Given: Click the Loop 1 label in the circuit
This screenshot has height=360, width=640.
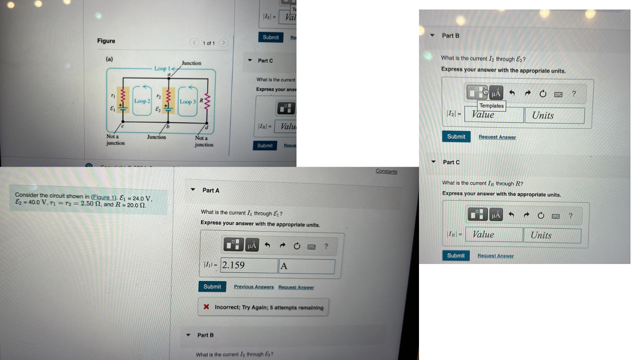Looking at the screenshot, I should (x=162, y=68).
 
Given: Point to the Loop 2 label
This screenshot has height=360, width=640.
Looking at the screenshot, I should (x=141, y=101).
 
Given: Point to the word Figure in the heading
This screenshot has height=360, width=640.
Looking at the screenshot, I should (x=106, y=41).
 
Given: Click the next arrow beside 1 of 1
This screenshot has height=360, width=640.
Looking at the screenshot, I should (x=224, y=43).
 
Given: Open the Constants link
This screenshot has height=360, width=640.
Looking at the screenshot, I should (x=386, y=171).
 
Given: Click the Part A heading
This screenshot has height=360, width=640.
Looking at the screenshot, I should (x=210, y=190).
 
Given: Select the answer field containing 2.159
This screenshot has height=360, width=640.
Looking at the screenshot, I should (x=249, y=265).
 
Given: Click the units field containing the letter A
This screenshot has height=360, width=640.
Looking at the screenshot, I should (x=306, y=266).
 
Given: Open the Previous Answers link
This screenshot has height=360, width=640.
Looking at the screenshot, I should (x=253, y=287).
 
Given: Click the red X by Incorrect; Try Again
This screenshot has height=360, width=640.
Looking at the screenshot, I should (x=206, y=307).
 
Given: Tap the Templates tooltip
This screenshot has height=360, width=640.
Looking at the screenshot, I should (x=491, y=105).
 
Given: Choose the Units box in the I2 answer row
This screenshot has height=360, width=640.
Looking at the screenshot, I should (x=554, y=115).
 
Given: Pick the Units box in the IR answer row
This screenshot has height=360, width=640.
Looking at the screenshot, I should (x=552, y=235).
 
